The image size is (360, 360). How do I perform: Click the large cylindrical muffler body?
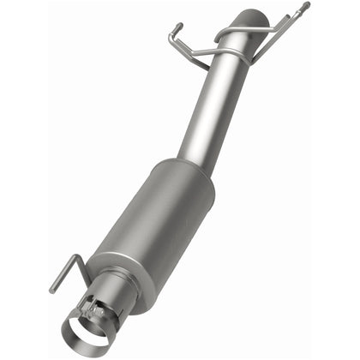coord(159,218)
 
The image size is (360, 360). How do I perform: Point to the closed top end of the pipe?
coord(255,16)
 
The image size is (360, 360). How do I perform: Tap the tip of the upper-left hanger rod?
coord(174,27)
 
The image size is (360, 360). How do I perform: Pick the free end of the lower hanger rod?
coord(52,291)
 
